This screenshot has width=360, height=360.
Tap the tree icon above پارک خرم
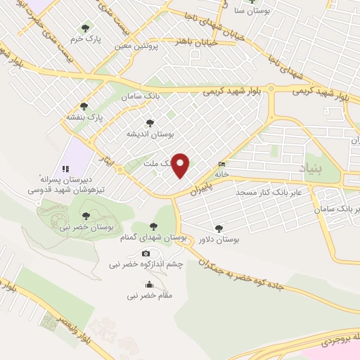coord(85,28)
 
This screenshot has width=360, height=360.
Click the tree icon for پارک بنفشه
coord(84,105)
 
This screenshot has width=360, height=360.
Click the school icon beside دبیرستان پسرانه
coord(65,169)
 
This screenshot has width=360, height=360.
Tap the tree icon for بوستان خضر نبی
coord(86,216)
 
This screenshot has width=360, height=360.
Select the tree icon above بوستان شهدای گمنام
coord(154,226)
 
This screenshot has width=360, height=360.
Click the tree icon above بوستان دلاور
coord(219,228)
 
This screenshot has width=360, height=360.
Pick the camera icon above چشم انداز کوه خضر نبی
coord(146,254)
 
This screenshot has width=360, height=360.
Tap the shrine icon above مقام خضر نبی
coord(149,285)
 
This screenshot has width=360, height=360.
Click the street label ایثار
coord(108,152)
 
